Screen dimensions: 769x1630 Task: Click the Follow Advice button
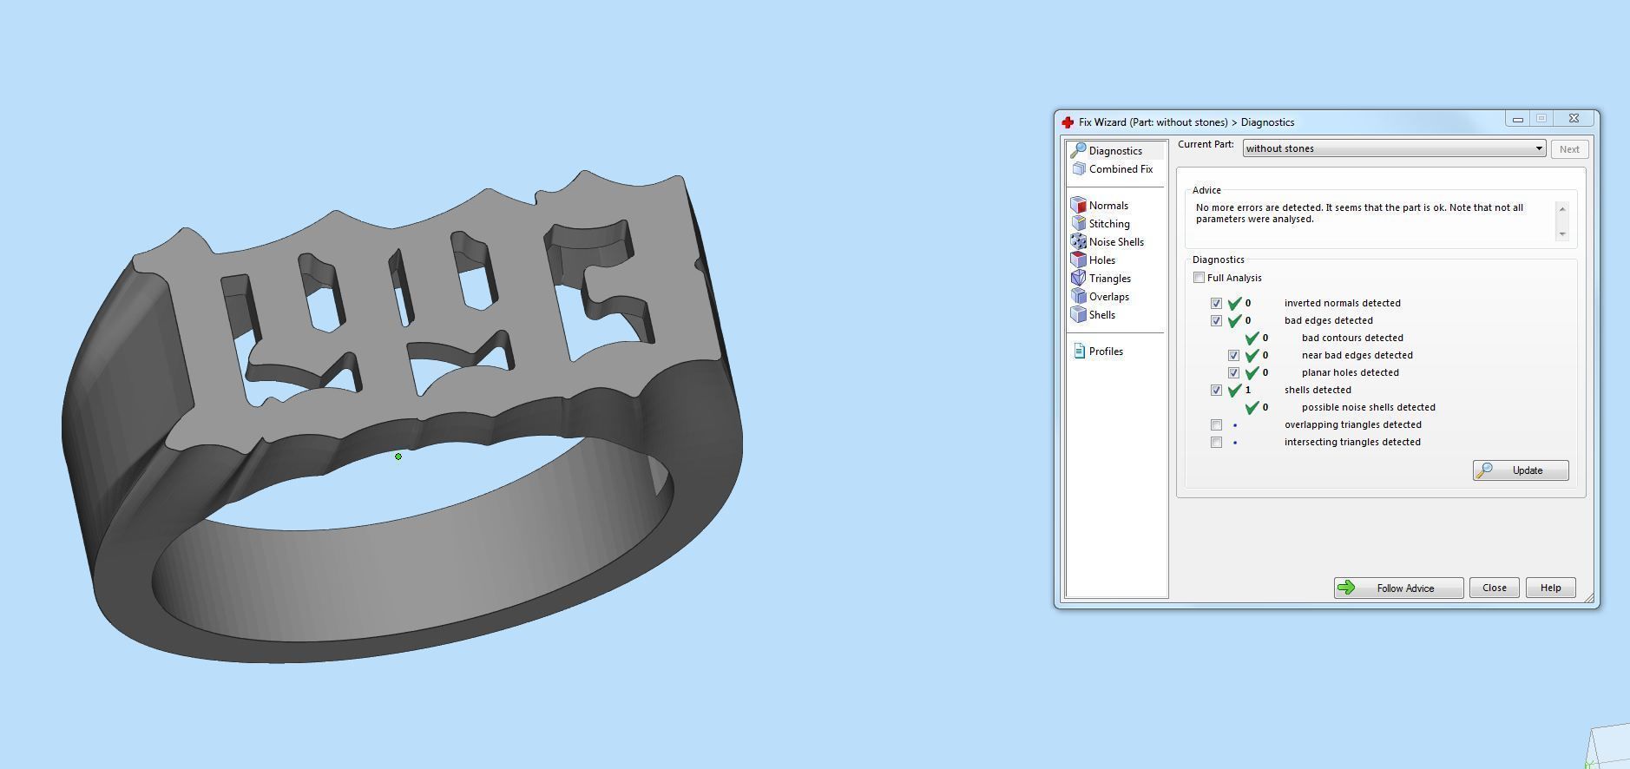(x=1398, y=588)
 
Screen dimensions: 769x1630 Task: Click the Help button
(x=1550, y=588)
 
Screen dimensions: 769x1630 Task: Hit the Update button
(x=1520, y=470)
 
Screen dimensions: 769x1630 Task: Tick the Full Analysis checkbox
(x=1199, y=278)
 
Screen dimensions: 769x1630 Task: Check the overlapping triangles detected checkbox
(x=1216, y=425)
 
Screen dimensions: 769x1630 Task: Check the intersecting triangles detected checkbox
(x=1216, y=443)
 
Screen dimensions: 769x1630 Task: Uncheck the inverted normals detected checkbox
(x=1216, y=304)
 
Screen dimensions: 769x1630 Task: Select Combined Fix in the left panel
(x=1120, y=169)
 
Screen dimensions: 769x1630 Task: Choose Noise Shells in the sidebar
(x=1115, y=242)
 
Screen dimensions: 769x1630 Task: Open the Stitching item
(x=1108, y=224)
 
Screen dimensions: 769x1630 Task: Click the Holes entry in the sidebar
(x=1101, y=260)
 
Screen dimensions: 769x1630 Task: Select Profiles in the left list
(x=1105, y=352)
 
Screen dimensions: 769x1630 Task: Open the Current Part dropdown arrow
(x=1539, y=148)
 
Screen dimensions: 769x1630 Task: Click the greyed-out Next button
(x=1569, y=149)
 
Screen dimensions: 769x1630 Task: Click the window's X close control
(x=1574, y=119)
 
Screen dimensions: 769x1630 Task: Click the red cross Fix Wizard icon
(x=1068, y=122)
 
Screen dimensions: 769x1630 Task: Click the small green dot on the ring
(x=398, y=457)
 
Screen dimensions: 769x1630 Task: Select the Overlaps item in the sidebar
(x=1108, y=297)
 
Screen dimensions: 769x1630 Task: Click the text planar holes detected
(x=1350, y=373)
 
